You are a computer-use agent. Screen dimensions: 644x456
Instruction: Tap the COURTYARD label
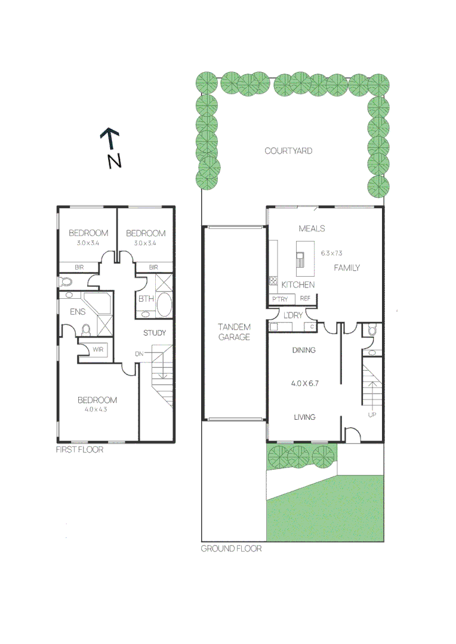pyautogui.click(x=288, y=151)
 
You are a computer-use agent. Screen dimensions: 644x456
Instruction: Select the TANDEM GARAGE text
pyautogui.click(x=234, y=332)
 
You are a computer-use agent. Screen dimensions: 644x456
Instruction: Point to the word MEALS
pyautogui.click(x=312, y=228)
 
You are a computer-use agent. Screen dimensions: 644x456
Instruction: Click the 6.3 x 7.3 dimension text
pyautogui.click(x=331, y=253)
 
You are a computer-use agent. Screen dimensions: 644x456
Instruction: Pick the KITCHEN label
pyautogui.click(x=298, y=284)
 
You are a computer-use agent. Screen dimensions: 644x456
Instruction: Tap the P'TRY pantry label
pyautogui.click(x=279, y=299)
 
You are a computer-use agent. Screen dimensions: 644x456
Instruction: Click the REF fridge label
pyautogui.click(x=306, y=299)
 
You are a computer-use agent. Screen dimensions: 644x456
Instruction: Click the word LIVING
pyautogui.click(x=304, y=417)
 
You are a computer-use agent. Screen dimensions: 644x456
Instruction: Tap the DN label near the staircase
pyautogui.click(x=139, y=354)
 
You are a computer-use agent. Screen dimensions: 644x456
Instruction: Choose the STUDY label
pyautogui.click(x=154, y=333)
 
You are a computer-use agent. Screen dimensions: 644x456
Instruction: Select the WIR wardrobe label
pyautogui.click(x=98, y=350)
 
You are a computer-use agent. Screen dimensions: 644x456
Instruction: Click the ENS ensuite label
pyautogui.click(x=78, y=311)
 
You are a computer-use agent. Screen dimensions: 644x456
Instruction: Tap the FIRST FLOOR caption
pyautogui.click(x=79, y=449)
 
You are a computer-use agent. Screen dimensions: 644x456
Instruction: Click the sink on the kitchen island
pyautogui.click(x=300, y=259)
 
